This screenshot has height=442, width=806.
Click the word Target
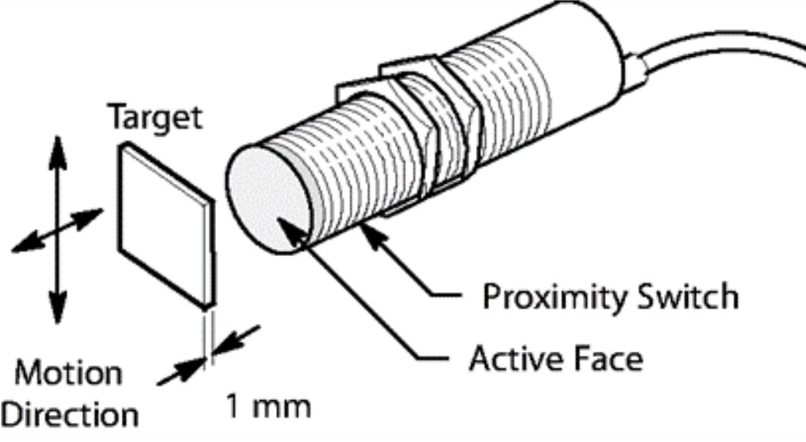pyautogui.click(x=154, y=119)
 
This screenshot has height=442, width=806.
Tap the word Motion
pyautogui.click(x=69, y=374)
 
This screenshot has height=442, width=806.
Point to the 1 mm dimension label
pyautogui.click(x=269, y=406)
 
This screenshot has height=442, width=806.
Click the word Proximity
pyautogui.click(x=556, y=296)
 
